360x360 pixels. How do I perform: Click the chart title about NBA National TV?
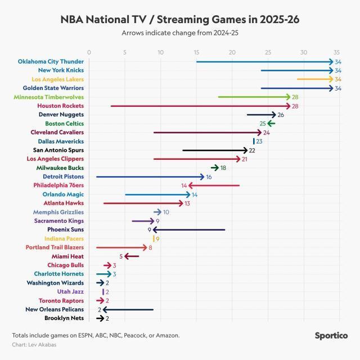click(x=179, y=20)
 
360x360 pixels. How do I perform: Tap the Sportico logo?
click(x=331, y=336)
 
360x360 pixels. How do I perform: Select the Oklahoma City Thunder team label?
click(x=51, y=61)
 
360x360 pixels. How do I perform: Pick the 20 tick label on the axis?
click(x=232, y=53)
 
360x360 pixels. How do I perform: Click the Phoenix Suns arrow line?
click(x=188, y=229)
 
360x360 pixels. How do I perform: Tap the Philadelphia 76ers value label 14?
click(x=184, y=185)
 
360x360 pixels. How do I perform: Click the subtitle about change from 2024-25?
click(x=179, y=33)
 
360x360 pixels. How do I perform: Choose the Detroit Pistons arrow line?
click(x=149, y=177)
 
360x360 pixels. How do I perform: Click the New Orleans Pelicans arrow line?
click(x=128, y=309)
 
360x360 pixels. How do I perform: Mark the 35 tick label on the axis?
click(x=336, y=53)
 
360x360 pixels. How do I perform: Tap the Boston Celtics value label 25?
click(x=262, y=123)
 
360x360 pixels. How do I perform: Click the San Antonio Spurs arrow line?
click(x=214, y=150)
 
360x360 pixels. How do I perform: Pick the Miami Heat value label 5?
click(x=121, y=256)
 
